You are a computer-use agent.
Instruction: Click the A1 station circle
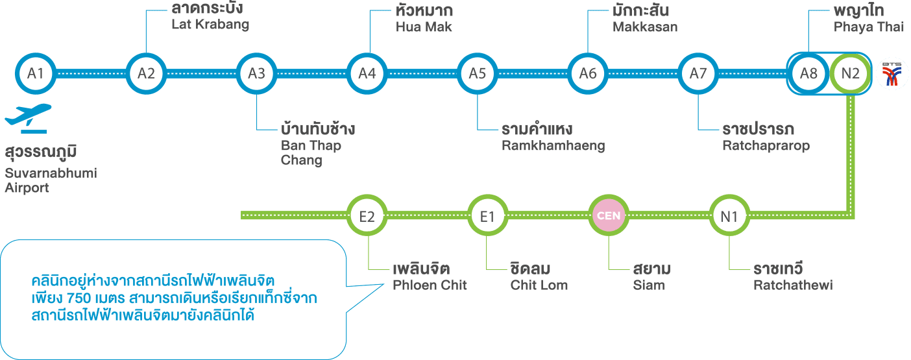(36, 73)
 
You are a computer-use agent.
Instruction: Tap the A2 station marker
(146, 73)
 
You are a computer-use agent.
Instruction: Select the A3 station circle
(256, 73)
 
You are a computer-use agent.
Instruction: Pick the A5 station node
(477, 73)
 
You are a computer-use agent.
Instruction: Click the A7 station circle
(698, 73)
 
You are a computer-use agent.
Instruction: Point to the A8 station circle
(808, 73)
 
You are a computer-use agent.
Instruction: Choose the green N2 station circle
(850, 73)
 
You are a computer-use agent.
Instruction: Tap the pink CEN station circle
(609, 216)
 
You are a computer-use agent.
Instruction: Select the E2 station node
(367, 216)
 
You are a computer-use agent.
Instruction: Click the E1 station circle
(487, 216)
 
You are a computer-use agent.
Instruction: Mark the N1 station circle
(729, 216)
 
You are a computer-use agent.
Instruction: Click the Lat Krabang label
(210, 25)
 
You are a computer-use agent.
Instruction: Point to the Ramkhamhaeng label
(553, 146)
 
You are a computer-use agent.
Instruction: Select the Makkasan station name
(645, 27)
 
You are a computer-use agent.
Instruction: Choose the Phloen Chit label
(430, 285)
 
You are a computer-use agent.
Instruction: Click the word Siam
(649, 285)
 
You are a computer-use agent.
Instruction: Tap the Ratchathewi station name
(792, 285)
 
